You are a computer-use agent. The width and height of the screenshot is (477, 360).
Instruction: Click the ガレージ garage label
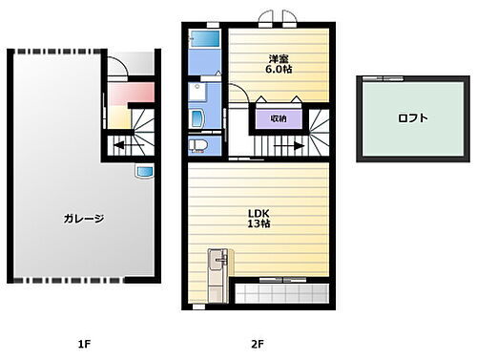click(x=86, y=218)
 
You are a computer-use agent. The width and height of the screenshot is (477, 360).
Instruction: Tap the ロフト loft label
click(x=413, y=118)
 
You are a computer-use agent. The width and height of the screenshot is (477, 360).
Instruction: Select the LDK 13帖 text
click(x=259, y=219)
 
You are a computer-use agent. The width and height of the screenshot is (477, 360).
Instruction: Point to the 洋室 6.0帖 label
click(x=279, y=64)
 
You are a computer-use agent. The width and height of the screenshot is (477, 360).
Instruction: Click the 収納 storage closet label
click(x=279, y=118)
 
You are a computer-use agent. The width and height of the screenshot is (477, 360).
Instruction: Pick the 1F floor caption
click(x=84, y=341)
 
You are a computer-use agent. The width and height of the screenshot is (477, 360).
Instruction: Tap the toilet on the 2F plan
click(x=198, y=145)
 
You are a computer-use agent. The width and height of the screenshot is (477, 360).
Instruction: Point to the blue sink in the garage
click(x=145, y=172)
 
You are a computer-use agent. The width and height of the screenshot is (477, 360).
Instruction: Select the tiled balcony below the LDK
click(x=280, y=292)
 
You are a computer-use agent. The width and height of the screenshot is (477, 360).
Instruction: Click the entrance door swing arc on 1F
click(x=115, y=69)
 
